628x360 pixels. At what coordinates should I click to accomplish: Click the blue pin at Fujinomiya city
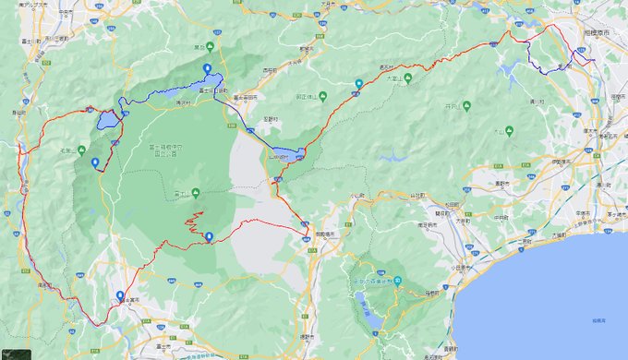120,296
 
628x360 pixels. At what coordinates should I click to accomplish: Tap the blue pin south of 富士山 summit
209,237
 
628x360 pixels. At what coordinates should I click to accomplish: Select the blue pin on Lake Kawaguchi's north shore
207,69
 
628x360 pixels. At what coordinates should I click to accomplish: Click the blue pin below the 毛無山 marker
95,163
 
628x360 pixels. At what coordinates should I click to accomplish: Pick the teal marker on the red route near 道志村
359,84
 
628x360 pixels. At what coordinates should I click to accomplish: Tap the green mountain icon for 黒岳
210,46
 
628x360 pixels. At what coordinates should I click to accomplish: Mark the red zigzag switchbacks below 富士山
194,222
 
